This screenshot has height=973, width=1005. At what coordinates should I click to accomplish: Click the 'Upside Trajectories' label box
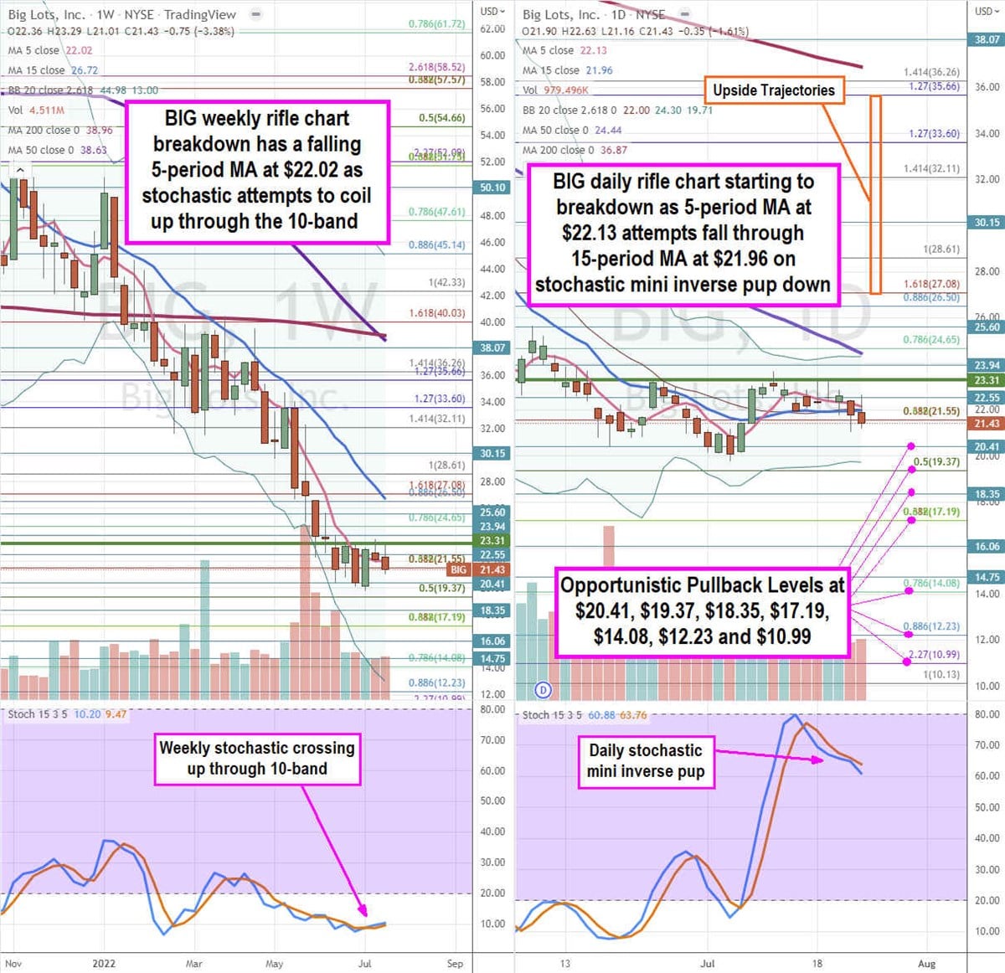point(773,90)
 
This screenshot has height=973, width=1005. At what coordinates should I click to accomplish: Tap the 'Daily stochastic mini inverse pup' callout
point(645,761)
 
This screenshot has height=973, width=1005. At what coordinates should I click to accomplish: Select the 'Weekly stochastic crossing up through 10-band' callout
point(257,758)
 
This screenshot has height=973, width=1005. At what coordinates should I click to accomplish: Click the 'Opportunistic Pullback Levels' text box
point(702,610)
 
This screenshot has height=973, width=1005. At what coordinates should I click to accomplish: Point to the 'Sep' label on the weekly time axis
point(455,963)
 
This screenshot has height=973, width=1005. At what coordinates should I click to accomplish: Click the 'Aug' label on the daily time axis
point(926,963)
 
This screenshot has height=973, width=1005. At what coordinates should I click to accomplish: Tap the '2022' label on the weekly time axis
point(104,963)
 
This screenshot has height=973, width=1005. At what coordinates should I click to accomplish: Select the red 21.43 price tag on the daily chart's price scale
point(987,424)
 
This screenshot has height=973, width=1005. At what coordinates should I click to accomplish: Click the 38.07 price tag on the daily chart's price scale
point(987,39)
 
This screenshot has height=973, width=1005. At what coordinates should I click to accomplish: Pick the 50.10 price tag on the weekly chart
point(492,188)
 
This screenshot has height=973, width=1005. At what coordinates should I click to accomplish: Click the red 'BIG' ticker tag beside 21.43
point(458,569)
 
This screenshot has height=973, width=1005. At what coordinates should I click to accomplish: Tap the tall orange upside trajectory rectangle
point(875,194)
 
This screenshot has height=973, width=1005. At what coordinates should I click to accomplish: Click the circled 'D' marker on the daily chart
point(544,690)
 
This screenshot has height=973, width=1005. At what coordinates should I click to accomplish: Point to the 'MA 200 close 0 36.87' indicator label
point(575,150)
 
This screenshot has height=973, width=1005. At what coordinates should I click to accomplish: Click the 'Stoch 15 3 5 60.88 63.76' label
point(584,715)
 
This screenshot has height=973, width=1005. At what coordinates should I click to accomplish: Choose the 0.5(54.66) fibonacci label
point(441,118)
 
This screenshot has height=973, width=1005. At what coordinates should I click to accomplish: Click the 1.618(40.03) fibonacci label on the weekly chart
point(436,313)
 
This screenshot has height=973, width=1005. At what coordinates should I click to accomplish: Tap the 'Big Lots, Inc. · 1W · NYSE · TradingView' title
point(122,14)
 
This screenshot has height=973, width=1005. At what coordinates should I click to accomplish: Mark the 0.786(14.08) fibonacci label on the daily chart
point(930,584)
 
